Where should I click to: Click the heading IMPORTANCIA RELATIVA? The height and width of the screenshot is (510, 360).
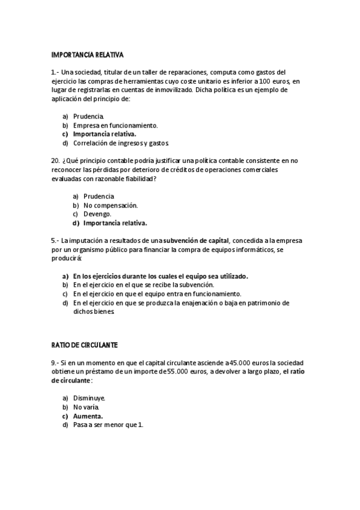coord(87,55)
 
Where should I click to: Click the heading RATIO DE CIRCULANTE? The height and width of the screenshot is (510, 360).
coord(84,345)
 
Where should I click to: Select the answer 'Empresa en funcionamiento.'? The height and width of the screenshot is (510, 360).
coord(115,125)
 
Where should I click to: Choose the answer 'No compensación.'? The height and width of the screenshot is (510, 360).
coord(111,205)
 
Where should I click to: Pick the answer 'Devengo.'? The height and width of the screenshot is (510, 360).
coord(97,214)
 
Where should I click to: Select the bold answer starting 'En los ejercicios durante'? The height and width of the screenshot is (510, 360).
coord(160,276)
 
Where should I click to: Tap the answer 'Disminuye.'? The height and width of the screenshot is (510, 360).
coord(90,398)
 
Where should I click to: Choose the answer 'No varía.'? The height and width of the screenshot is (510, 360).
coord(87,407)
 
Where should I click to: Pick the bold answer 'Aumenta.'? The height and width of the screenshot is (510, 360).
coord(88,416)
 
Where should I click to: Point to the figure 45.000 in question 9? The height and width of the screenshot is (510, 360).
coord(239,363)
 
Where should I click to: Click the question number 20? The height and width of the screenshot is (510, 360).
coord(55,161)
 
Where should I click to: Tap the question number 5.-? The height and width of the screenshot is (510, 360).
coord(55,241)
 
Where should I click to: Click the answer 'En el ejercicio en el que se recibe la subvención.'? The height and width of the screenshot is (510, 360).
coord(143,285)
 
